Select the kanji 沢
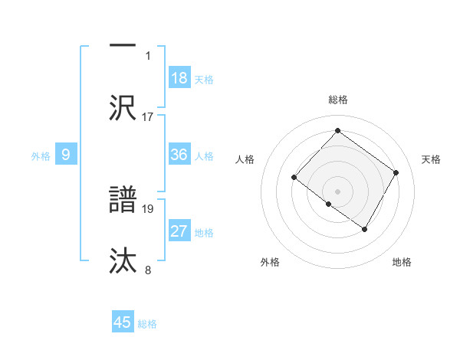click(x=123, y=107)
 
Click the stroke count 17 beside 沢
click(x=148, y=116)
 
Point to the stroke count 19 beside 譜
click(x=148, y=208)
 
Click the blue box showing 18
click(x=179, y=78)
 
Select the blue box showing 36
click(x=179, y=155)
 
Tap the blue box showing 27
click(x=179, y=231)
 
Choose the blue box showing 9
click(x=66, y=155)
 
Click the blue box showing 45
click(x=123, y=322)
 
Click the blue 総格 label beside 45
click(x=147, y=324)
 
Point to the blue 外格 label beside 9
click(x=41, y=156)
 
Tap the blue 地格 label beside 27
click(x=204, y=233)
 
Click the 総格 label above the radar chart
click(x=338, y=100)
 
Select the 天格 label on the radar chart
click(x=431, y=159)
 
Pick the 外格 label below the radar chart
click(x=270, y=262)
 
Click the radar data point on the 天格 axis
click(x=396, y=173)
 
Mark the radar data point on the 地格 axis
click(x=364, y=229)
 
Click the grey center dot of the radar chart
click(x=337, y=191)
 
